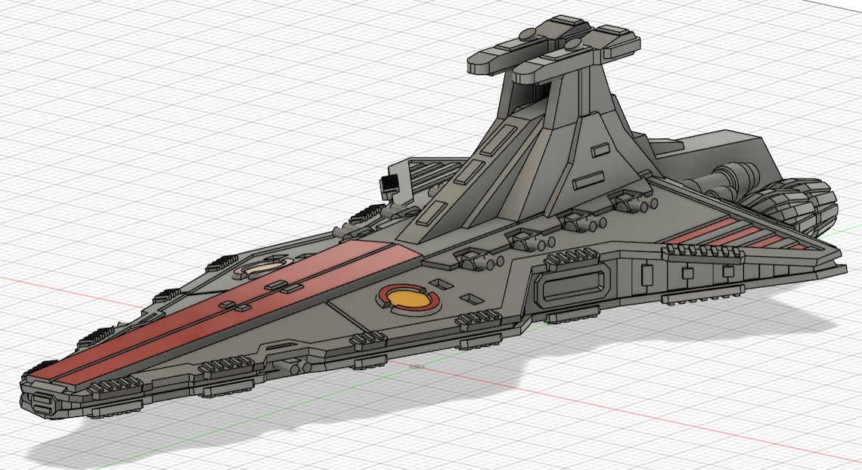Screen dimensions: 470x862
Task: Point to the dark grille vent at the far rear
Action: [x=390, y=184]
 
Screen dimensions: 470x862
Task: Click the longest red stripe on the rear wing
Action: [x=703, y=230]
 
